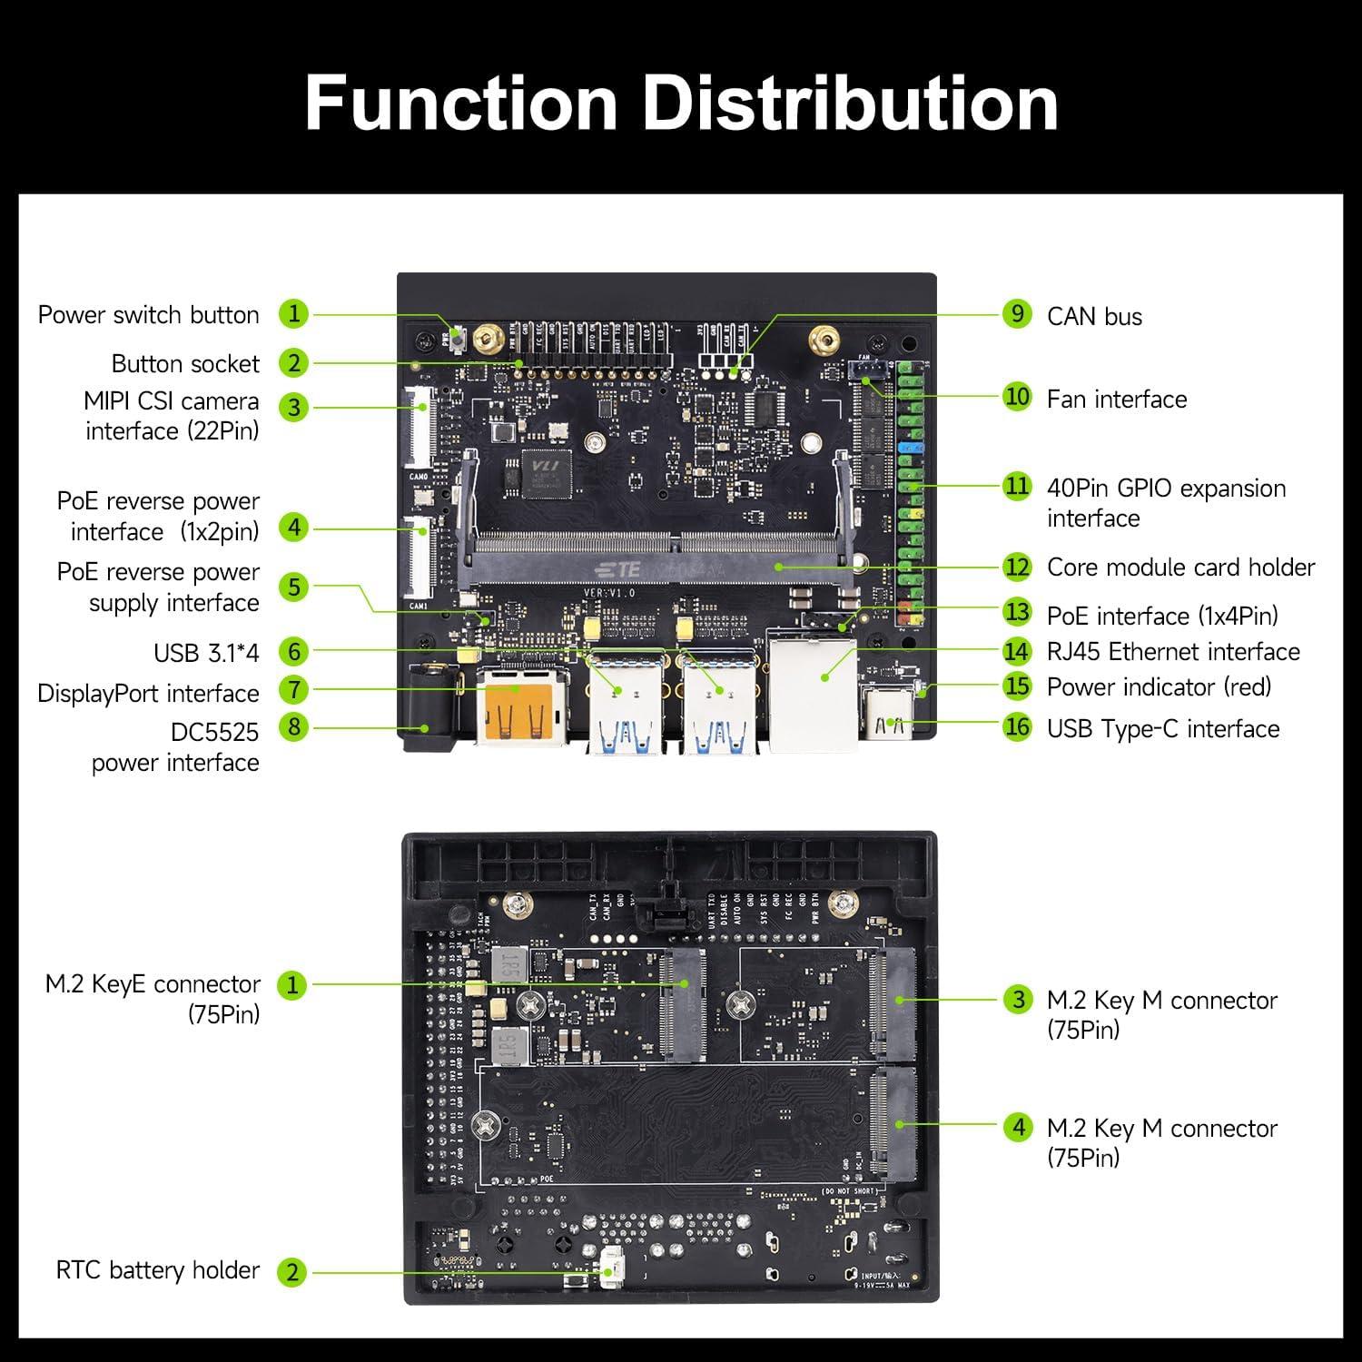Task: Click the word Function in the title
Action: (x=461, y=103)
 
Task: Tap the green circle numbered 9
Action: (x=1018, y=314)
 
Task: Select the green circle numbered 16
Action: (x=1018, y=727)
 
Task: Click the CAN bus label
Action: (x=1094, y=316)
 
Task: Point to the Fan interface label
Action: (x=1116, y=400)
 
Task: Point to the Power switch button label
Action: (x=148, y=315)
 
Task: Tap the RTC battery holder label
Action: (x=157, y=1270)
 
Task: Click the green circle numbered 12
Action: (x=1018, y=567)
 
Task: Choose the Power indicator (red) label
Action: (x=1159, y=687)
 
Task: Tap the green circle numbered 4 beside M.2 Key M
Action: (x=1018, y=1128)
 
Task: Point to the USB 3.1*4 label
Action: (x=206, y=653)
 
